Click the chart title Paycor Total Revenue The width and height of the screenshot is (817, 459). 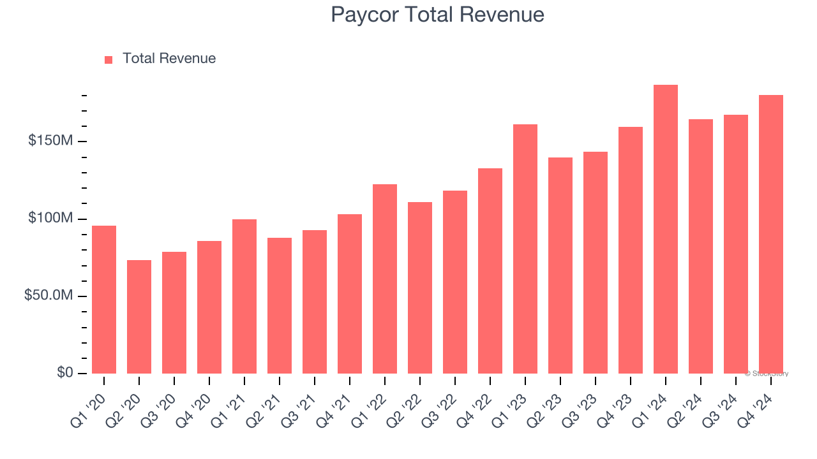point(437,15)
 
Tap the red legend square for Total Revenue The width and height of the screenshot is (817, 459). point(109,59)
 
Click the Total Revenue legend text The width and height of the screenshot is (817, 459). point(169,59)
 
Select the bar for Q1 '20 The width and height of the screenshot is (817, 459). point(104,300)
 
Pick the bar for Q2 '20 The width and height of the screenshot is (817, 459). point(139,317)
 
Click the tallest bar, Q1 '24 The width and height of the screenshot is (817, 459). point(666,229)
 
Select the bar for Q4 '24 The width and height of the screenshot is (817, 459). point(771,235)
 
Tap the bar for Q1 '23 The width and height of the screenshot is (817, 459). point(525,249)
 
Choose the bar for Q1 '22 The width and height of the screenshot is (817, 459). point(385,279)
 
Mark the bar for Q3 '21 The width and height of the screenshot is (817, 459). point(315,302)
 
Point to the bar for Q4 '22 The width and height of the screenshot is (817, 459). point(490,271)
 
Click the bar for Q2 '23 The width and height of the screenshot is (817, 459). point(560,265)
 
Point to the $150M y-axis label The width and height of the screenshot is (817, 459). point(50,141)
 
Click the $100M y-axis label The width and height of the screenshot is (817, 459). point(50,219)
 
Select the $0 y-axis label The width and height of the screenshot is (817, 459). point(64,372)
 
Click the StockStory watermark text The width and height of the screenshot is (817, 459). point(767,374)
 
